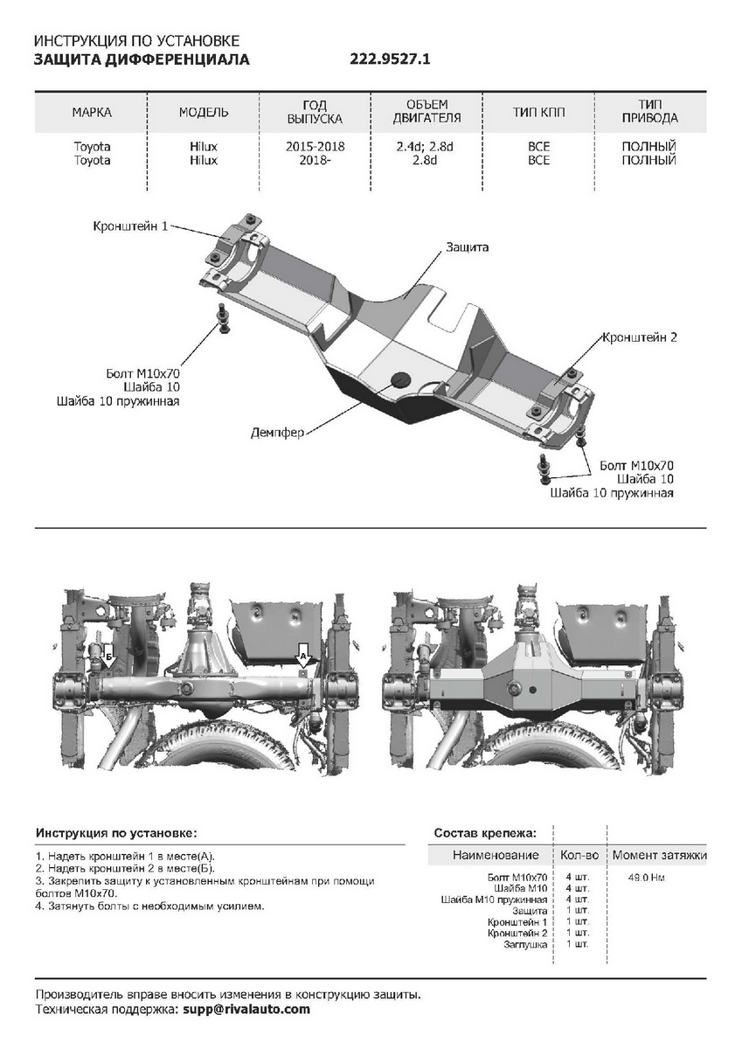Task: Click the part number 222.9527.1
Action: click(x=391, y=59)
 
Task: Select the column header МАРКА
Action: click(x=92, y=113)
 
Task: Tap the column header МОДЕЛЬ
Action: click(x=204, y=113)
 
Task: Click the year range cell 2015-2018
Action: click(x=315, y=147)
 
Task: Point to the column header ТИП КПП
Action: click(x=538, y=113)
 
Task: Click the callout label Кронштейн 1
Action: click(x=130, y=226)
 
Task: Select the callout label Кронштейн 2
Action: click(x=639, y=337)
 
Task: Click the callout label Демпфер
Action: click(x=277, y=433)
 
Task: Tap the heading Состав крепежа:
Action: click(x=485, y=832)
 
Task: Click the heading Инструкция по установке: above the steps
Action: click(x=116, y=832)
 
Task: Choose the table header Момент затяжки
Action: click(x=659, y=855)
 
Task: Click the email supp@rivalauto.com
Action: click(x=246, y=1009)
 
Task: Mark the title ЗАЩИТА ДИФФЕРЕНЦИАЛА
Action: click(x=141, y=59)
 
